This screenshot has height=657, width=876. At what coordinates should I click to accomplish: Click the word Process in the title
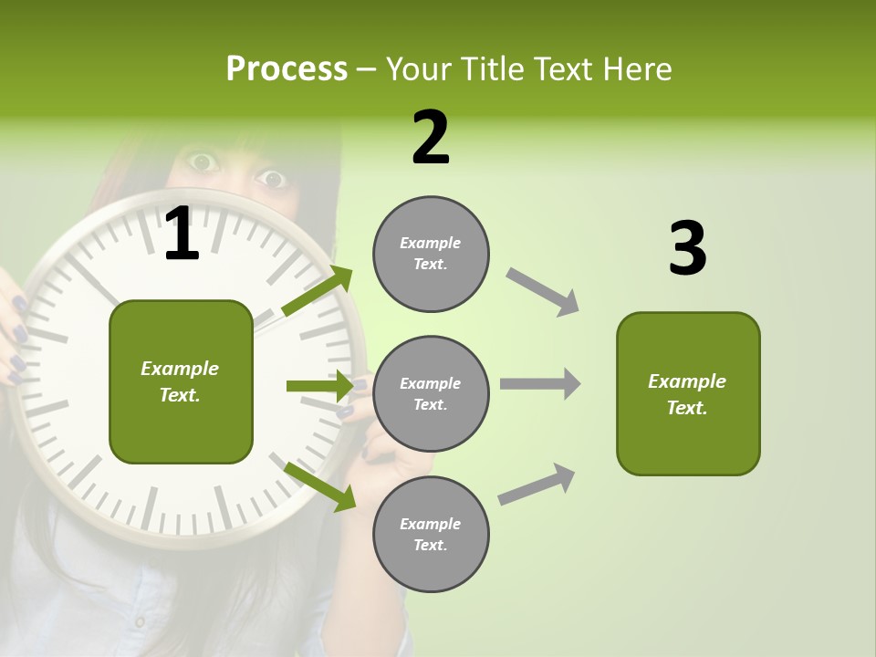287,68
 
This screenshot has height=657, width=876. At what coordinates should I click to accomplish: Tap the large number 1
182,235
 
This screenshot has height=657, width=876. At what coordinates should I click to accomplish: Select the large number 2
431,138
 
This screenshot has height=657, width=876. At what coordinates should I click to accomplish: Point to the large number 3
687,249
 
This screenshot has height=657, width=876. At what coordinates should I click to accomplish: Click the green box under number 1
181,381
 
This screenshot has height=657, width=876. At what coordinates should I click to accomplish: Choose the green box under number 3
688,394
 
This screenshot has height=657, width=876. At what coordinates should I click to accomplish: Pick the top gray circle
431,254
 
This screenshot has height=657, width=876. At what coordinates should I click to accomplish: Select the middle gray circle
431,394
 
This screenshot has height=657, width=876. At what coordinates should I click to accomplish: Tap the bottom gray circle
431,535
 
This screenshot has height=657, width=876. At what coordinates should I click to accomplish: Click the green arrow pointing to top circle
318,290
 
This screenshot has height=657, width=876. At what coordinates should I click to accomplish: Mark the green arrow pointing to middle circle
319,386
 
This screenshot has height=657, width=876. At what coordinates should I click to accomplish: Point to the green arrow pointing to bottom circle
319,485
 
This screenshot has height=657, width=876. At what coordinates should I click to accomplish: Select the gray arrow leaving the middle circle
540,383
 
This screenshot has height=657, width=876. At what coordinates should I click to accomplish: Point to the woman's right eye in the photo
203,163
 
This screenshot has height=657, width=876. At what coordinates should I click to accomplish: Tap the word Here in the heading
638,68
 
